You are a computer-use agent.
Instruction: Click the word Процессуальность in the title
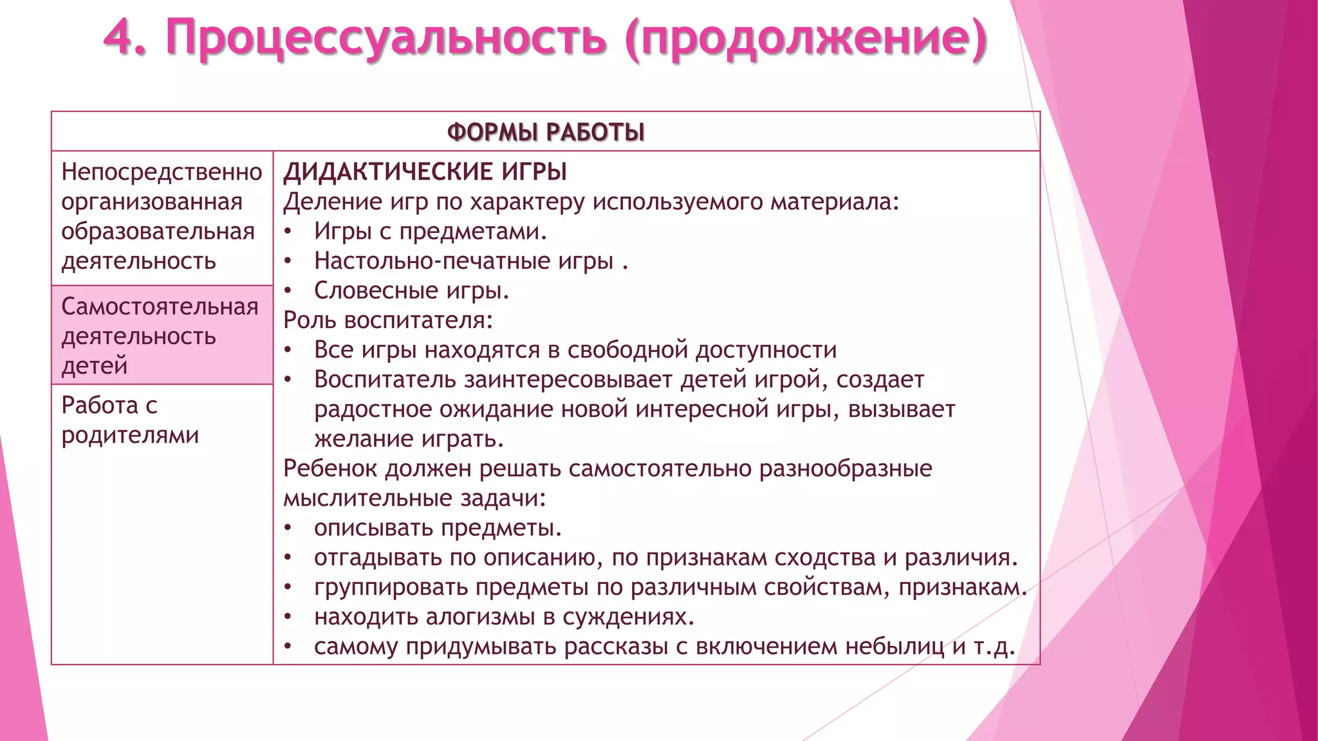point(385,39)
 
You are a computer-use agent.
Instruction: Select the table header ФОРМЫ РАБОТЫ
point(546,133)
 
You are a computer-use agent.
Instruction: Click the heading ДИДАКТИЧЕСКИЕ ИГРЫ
point(425,172)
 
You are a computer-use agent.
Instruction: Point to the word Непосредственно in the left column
point(162,172)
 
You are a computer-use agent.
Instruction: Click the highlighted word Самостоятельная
point(160,307)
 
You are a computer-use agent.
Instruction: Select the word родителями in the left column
point(130,435)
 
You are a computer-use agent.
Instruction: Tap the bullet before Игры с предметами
point(288,232)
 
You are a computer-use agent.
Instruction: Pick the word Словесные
point(376,291)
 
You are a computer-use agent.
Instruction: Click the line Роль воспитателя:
point(388,320)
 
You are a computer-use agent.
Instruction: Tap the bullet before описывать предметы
point(288,528)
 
